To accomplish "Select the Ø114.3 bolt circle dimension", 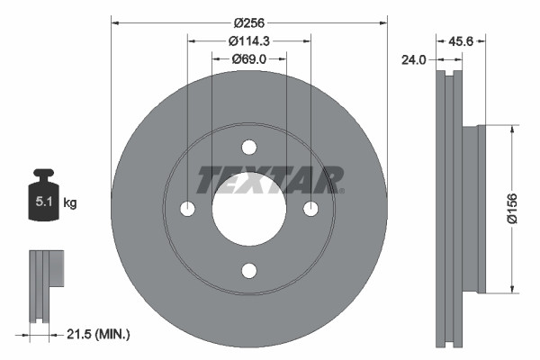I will point(248,41).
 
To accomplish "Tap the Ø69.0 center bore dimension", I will point(248,58).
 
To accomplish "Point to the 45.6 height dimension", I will point(462,40).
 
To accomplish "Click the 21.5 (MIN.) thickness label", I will point(99,334).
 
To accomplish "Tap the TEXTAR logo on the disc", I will point(270,179).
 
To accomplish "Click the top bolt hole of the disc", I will point(249,148).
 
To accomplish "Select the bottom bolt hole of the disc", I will point(249,270).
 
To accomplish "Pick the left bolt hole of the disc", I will point(188,209).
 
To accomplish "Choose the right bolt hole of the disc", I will point(310,209).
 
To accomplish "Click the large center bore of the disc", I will point(249,209).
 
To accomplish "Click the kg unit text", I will point(70,203).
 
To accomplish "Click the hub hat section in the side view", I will point(473,209).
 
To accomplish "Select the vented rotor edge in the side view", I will point(447,209).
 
